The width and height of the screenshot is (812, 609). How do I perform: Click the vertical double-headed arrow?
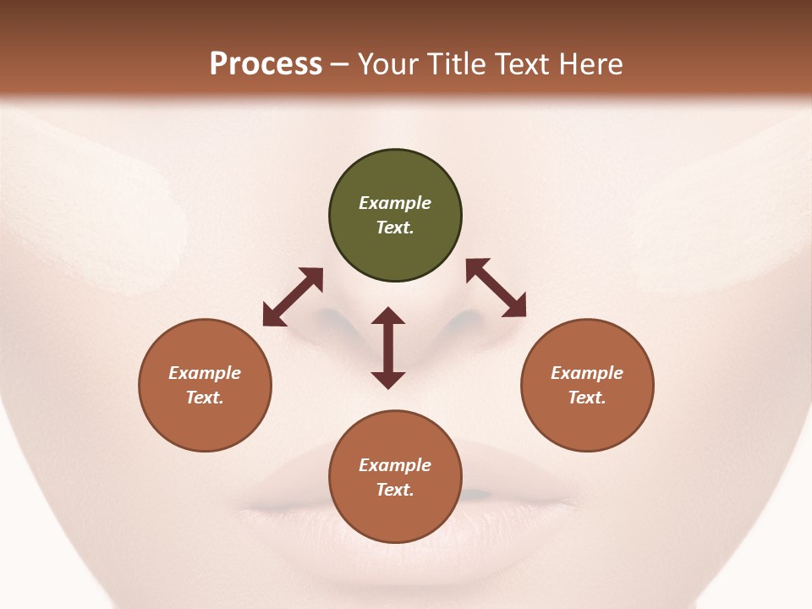tap(388, 348)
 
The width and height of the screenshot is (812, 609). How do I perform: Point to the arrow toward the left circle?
tap(293, 297)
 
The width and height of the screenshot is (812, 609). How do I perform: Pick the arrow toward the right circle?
tap(496, 288)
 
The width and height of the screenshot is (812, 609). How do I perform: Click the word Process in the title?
tap(266, 64)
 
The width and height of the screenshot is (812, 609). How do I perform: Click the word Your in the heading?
tap(389, 64)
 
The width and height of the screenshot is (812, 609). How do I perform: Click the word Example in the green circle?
tap(395, 203)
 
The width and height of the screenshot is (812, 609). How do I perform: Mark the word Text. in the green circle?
tap(395, 228)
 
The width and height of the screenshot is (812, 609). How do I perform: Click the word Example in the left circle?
tap(205, 373)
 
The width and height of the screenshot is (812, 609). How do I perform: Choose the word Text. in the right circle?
tap(587, 398)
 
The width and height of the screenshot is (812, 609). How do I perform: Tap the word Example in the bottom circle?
tap(395, 465)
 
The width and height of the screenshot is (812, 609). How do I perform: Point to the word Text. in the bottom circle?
tap(395, 490)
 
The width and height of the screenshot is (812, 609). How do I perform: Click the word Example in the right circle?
tap(587, 373)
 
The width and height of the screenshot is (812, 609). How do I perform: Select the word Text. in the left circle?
tap(205, 398)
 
